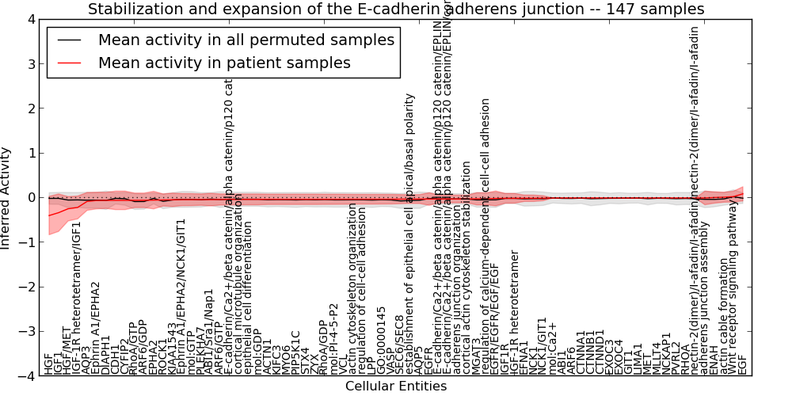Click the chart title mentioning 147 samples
[396, 10]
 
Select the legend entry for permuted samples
[246, 40]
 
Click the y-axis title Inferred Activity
[7, 198]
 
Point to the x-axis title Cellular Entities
[396, 386]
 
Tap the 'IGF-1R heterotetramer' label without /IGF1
[515, 313]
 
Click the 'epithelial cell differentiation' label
[248, 301]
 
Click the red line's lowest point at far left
[49, 215]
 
